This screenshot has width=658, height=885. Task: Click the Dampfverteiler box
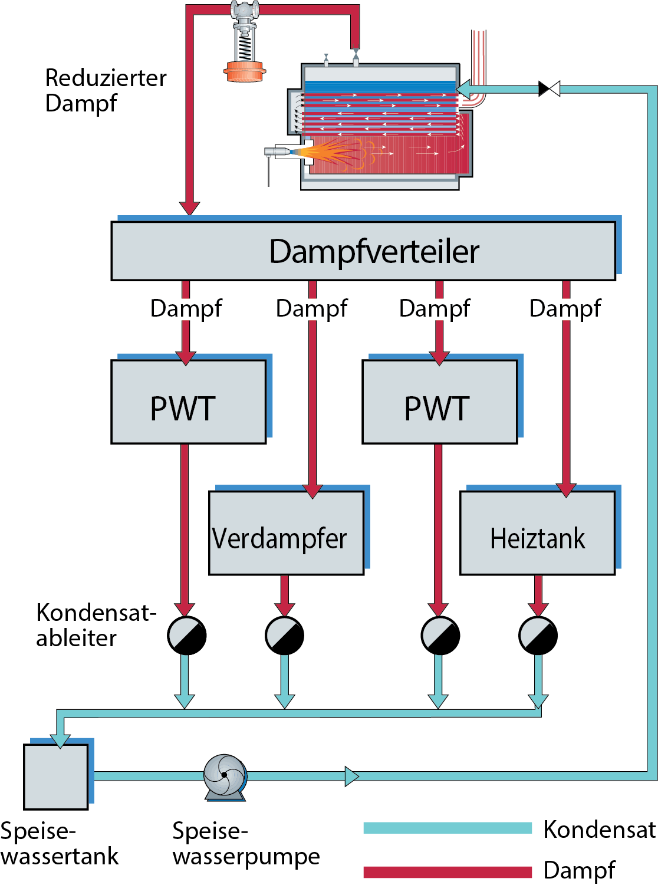tap(363, 251)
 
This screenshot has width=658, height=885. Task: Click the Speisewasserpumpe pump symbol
tap(225, 775)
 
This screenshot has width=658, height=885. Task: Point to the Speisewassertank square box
tap(56, 777)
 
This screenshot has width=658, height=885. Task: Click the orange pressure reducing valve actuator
tap(245, 71)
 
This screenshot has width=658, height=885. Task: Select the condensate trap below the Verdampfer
tap(284, 635)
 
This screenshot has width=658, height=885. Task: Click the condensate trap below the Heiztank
tap(538, 635)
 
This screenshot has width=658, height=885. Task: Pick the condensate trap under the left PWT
tap(186, 635)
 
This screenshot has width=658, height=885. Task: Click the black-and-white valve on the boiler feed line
tap(549, 89)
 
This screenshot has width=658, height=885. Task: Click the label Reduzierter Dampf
tap(106, 90)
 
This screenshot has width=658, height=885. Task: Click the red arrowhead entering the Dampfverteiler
tap(189, 208)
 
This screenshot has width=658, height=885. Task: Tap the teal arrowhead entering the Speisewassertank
tap(60, 741)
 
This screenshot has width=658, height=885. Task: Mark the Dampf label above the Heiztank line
tap(565, 308)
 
